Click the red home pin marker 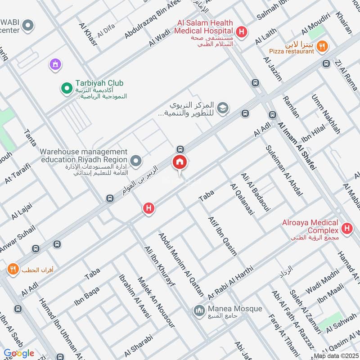pos(180,162)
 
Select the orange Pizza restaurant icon pos(322,45)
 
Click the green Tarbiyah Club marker pos(67,89)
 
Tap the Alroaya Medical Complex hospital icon pos(346,229)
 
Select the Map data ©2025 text pos(336,356)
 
